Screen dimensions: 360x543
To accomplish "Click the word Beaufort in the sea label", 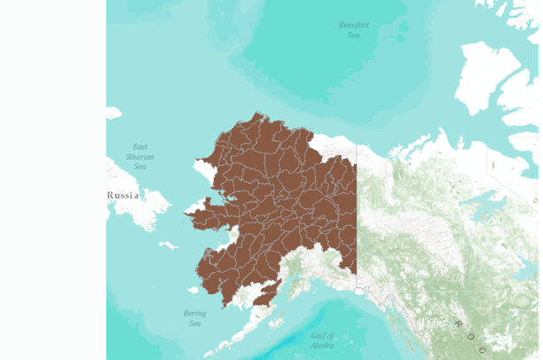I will [x=354, y=25].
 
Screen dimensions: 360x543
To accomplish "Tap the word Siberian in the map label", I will [x=140, y=156].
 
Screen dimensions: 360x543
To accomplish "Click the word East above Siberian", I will [x=139, y=146].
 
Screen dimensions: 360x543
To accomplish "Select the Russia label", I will [x=124, y=195].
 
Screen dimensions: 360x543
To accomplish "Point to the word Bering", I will [x=194, y=313].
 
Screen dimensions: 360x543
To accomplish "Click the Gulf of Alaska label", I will [x=323, y=340].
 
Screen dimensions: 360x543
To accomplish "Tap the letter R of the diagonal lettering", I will [x=458, y=325].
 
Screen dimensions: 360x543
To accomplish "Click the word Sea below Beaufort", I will [x=354, y=35].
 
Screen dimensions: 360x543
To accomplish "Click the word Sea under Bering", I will [x=194, y=324].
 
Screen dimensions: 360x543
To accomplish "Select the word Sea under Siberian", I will [x=139, y=166].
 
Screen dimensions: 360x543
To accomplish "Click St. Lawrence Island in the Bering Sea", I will [x=168, y=246].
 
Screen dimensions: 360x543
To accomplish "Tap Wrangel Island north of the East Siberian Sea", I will [x=114, y=113].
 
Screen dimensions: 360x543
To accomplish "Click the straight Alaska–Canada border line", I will [x=357, y=222].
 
